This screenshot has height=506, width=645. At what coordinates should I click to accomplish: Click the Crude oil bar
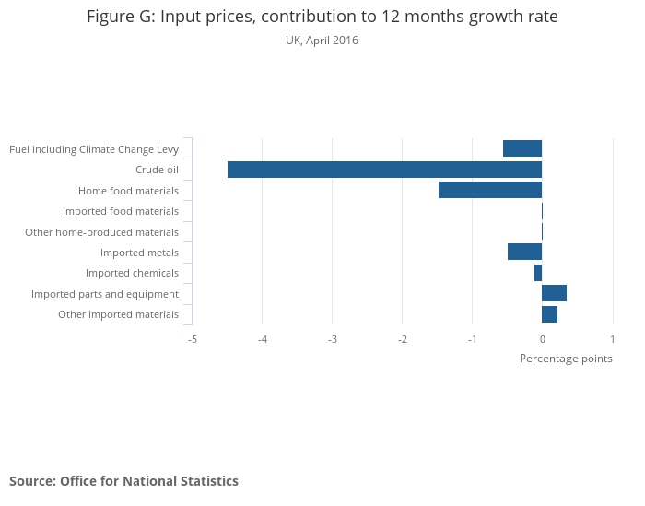tap(384, 170)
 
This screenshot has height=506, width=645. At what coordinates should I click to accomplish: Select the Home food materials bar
tap(490, 190)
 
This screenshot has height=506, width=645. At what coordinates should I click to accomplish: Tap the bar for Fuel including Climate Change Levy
tap(522, 148)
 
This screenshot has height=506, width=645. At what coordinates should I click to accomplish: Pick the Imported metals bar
tap(524, 252)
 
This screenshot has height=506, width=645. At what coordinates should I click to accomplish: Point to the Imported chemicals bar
tap(538, 273)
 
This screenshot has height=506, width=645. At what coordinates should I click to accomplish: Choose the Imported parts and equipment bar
tap(554, 293)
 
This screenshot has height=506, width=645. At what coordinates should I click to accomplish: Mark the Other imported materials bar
tap(549, 314)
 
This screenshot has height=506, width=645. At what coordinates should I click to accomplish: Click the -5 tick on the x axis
tap(192, 338)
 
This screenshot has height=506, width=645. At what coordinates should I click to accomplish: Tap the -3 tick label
tap(332, 338)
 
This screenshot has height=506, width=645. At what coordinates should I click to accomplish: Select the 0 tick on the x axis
tap(542, 338)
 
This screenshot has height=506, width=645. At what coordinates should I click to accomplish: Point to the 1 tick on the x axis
tap(613, 338)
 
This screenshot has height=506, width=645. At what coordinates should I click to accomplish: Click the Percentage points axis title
tap(566, 359)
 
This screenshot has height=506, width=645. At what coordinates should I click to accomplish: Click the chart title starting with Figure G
tap(322, 17)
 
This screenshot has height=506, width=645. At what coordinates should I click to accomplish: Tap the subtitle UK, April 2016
tap(322, 41)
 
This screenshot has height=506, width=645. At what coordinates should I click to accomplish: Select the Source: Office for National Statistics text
tap(123, 481)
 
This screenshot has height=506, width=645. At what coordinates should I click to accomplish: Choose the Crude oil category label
tap(157, 170)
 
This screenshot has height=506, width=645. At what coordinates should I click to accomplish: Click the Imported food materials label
tap(121, 211)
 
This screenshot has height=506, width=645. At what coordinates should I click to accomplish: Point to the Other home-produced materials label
tap(101, 232)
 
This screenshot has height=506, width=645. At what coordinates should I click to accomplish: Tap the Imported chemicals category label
tap(132, 273)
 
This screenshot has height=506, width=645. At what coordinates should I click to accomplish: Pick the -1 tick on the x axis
tap(472, 338)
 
